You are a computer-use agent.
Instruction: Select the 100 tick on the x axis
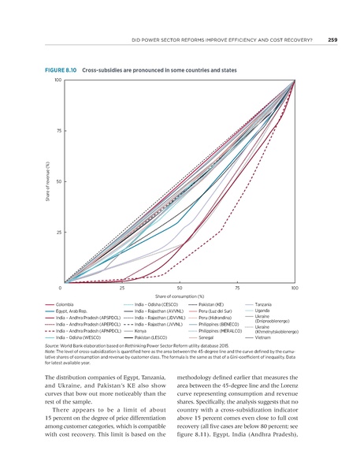pyautogui.click(x=294, y=289)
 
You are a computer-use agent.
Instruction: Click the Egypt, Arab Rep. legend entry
pyautogui.click(x=73, y=311)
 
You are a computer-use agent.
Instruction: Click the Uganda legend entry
pyautogui.click(x=263, y=311)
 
